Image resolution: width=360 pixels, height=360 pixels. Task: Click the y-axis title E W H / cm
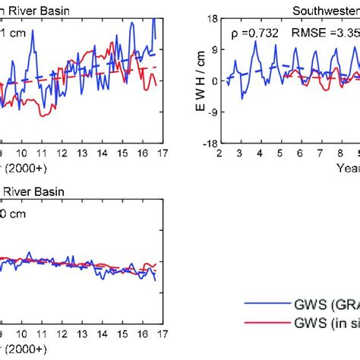coord(185,81)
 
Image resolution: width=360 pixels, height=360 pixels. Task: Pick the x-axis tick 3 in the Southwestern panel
coord(239,153)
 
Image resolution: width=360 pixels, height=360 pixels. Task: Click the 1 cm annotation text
coord(11,33)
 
